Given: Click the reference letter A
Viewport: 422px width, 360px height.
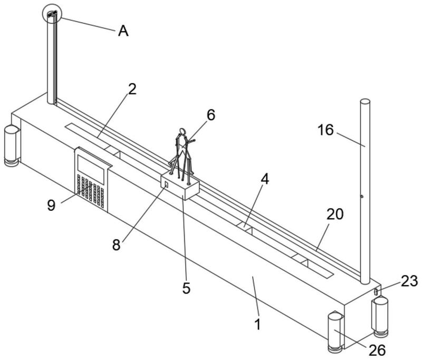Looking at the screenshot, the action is pyautogui.click(x=123, y=31).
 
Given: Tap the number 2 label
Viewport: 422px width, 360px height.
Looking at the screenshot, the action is pyautogui.click(x=132, y=89).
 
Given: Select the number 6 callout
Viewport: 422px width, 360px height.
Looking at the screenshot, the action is pyautogui.click(x=210, y=115).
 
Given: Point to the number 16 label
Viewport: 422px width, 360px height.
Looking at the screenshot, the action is pyautogui.click(x=325, y=130).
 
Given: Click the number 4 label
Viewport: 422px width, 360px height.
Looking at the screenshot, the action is pyautogui.click(x=265, y=179).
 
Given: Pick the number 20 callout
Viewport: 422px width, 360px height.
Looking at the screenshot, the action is pyautogui.click(x=335, y=215).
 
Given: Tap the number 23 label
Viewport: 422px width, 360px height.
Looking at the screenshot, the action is pyautogui.click(x=409, y=281).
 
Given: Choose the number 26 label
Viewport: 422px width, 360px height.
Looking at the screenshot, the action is pyautogui.click(x=377, y=351).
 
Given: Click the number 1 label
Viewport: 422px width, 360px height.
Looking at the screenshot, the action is pyautogui.click(x=258, y=325).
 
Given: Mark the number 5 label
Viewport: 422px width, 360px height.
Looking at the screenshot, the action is pyautogui.click(x=186, y=288).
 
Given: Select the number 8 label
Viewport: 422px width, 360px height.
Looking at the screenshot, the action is pyautogui.click(x=116, y=245).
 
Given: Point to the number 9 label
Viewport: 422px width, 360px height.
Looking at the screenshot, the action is pyautogui.click(x=51, y=206).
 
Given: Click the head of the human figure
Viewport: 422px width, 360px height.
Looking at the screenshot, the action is pyautogui.click(x=183, y=131).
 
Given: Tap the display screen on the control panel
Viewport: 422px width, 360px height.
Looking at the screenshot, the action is pyautogui.click(x=91, y=170).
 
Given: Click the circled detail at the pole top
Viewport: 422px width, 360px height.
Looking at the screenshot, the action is pyautogui.click(x=52, y=14).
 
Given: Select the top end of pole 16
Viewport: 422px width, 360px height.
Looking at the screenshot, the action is pyautogui.click(x=365, y=101).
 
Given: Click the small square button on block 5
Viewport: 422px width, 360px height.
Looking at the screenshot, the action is pyautogui.click(x=166, y=184).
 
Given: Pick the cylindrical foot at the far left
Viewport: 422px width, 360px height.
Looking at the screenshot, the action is pyautogui.click(x=11, y=145).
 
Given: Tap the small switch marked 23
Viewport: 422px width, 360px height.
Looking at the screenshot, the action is pyautogui.click(x=376, y=291).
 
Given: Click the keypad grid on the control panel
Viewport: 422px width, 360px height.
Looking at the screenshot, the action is pyautogui.click(x=90, y=192).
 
